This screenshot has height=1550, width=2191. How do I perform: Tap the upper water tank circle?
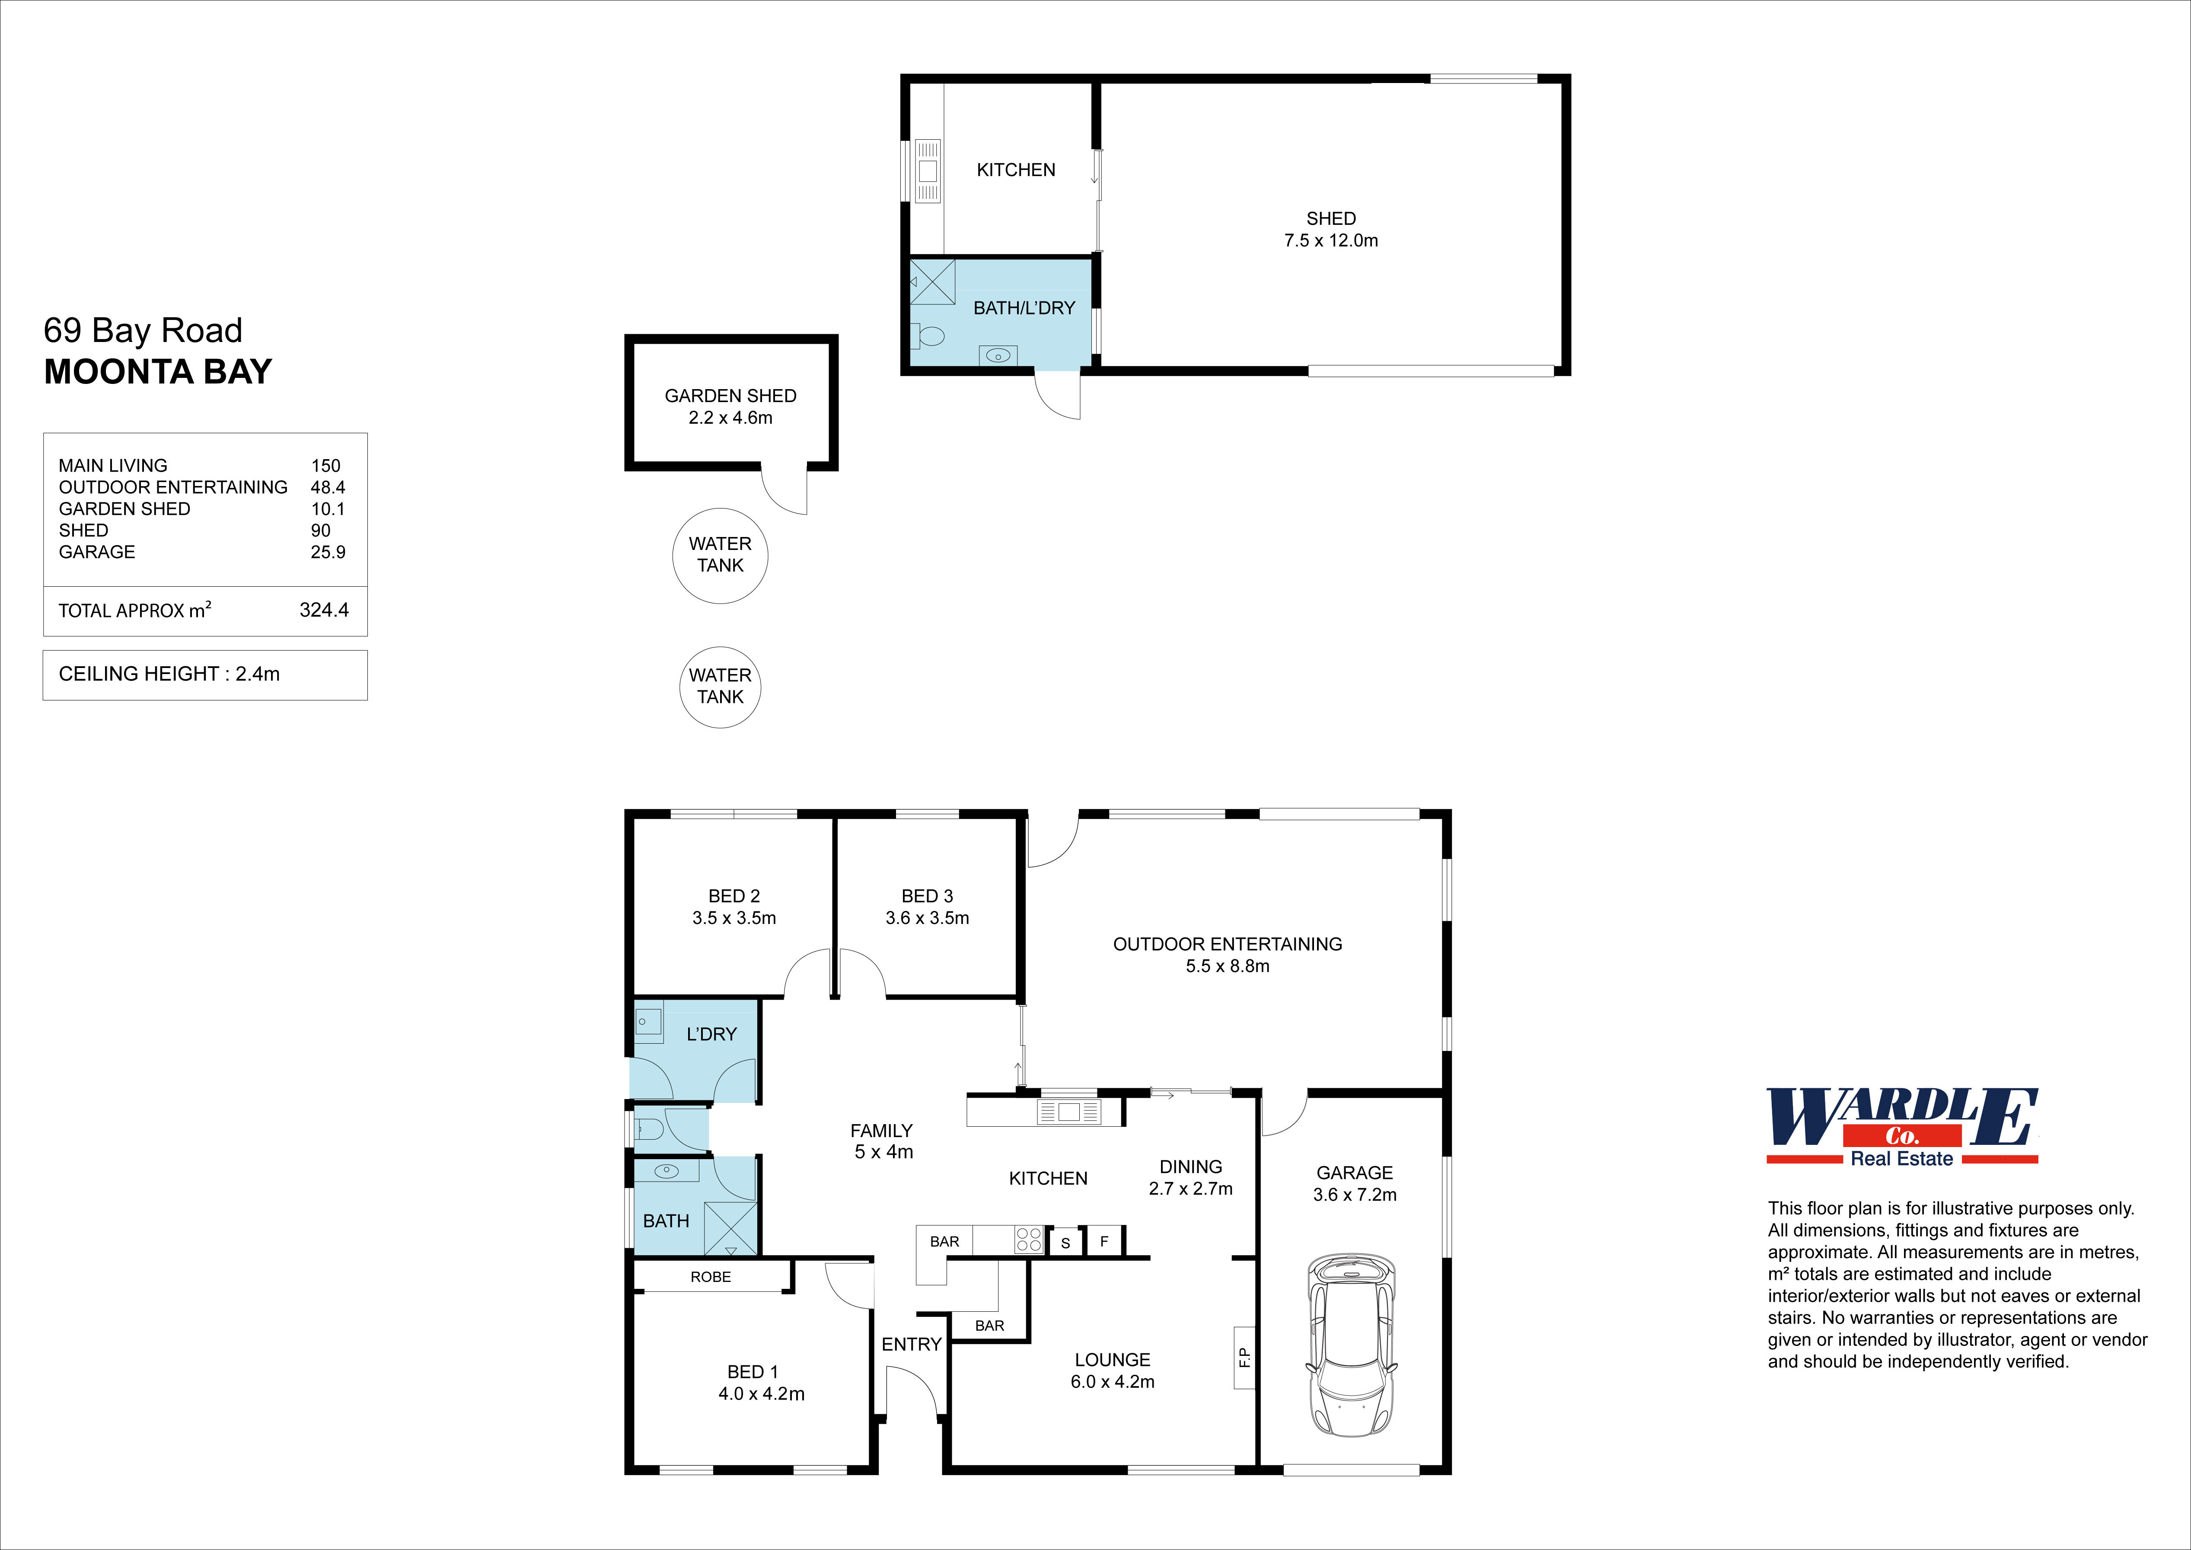[x=721, y=556]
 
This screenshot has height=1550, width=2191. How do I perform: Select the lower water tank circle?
[x=721, y=687]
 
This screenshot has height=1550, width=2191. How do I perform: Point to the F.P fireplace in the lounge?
[x=1244, y=1356]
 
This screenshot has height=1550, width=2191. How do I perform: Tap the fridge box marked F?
[x=1104, y=1241]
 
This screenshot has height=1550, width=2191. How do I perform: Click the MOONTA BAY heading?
[x=158, y=371]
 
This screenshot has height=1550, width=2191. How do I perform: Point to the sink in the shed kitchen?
[x=928, y=172]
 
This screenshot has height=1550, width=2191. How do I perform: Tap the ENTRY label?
[x=911, y=1344]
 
